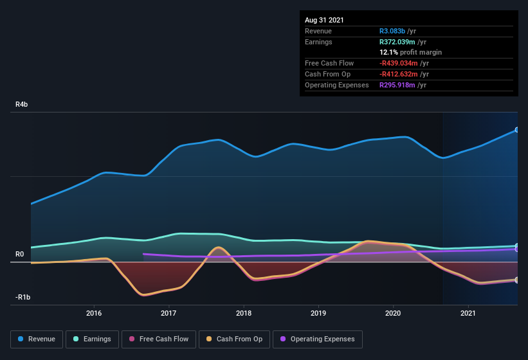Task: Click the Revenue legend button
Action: [x=37, y=339]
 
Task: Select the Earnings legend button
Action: [x=92, y=339]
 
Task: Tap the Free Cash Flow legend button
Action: [x=159, y=339]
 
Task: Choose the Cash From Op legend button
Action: [x=234, y=339]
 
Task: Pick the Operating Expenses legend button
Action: [x=317, y=339]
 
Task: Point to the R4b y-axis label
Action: [x=23, y=104]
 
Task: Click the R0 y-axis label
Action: [x=20, y=255]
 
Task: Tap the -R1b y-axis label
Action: [x=23, y=298]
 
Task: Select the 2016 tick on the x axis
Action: [x=94, y=313]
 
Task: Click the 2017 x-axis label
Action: [x=168, y=313]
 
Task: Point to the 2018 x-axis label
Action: [x=244, y=313]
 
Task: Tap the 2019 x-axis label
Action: [x=318, y=313]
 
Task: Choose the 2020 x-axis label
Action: [x=393, y=313]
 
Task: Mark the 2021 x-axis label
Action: [x=468, y=313]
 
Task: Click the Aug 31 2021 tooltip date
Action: [x=324, y=20]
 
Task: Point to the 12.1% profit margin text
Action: [x=410, y=52]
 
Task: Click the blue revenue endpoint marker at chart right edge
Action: [x=517, y=130]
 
